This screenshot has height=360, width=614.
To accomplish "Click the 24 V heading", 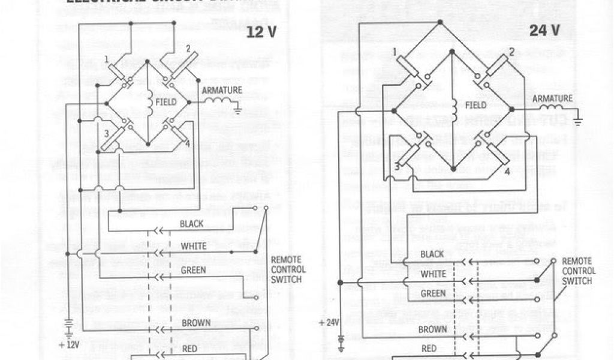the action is pyautogui.click(x=544, y=31).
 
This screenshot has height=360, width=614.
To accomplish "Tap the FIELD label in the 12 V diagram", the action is pyautogui.click(x=166, y=102).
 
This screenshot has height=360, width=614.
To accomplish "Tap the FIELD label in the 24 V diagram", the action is pyautogui.click(x=476, y=104).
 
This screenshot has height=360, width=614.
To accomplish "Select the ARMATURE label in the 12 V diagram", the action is pyautogui.click(x=222, y=90).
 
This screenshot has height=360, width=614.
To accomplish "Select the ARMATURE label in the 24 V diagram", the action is pyautogui.click(x=552, y=98).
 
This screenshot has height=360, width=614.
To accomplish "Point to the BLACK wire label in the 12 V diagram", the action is pyautogui.click(x=192, y=224).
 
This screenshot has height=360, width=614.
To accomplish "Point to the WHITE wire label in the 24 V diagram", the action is pyautogui.click(x=433, y=274).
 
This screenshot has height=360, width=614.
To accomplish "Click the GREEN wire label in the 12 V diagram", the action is pyautogui.click(x=193, y=270).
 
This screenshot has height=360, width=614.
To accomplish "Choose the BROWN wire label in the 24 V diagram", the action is pyautogui.click(x=432, y=329).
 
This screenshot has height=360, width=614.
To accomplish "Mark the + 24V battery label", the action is pyautogui.click(x=330, y=322).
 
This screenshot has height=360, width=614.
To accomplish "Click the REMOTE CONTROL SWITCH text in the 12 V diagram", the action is pyautogui.click(x=288, y=269).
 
